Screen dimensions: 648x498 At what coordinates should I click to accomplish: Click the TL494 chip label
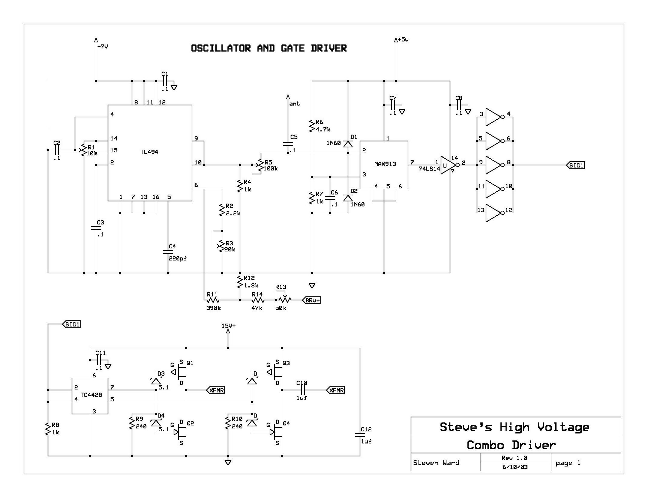(149, 152)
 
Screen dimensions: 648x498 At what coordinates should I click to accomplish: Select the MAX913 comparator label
(385, 164)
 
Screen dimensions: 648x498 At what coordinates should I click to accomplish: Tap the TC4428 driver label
(91, 395)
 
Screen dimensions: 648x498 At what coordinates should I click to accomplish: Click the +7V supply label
(103, 47)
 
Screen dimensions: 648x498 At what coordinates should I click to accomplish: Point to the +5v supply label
(403, 39)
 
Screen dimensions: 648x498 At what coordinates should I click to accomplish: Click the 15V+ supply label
(228, 326)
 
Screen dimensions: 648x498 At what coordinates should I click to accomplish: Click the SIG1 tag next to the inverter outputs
(576, 165)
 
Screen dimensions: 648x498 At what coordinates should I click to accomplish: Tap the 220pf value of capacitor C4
(178, 258)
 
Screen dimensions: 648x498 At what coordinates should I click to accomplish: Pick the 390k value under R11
(214, 308)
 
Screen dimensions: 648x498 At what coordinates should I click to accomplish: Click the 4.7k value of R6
(323, 129)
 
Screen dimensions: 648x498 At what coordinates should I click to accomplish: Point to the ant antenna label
(294, 104)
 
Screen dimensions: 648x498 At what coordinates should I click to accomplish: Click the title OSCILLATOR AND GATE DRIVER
(269, 48)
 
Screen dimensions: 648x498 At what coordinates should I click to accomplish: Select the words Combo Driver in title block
(511, 445)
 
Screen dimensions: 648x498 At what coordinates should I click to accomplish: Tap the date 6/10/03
(515, 467)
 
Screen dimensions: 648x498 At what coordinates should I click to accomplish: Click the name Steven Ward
(436, 463)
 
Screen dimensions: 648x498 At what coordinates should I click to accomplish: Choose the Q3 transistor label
(286, 363)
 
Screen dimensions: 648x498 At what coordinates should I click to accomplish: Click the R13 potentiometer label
(281, 287)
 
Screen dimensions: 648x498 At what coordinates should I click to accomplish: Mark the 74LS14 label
(429, 169)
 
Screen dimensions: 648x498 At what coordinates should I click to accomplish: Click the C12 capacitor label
(366, 429)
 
